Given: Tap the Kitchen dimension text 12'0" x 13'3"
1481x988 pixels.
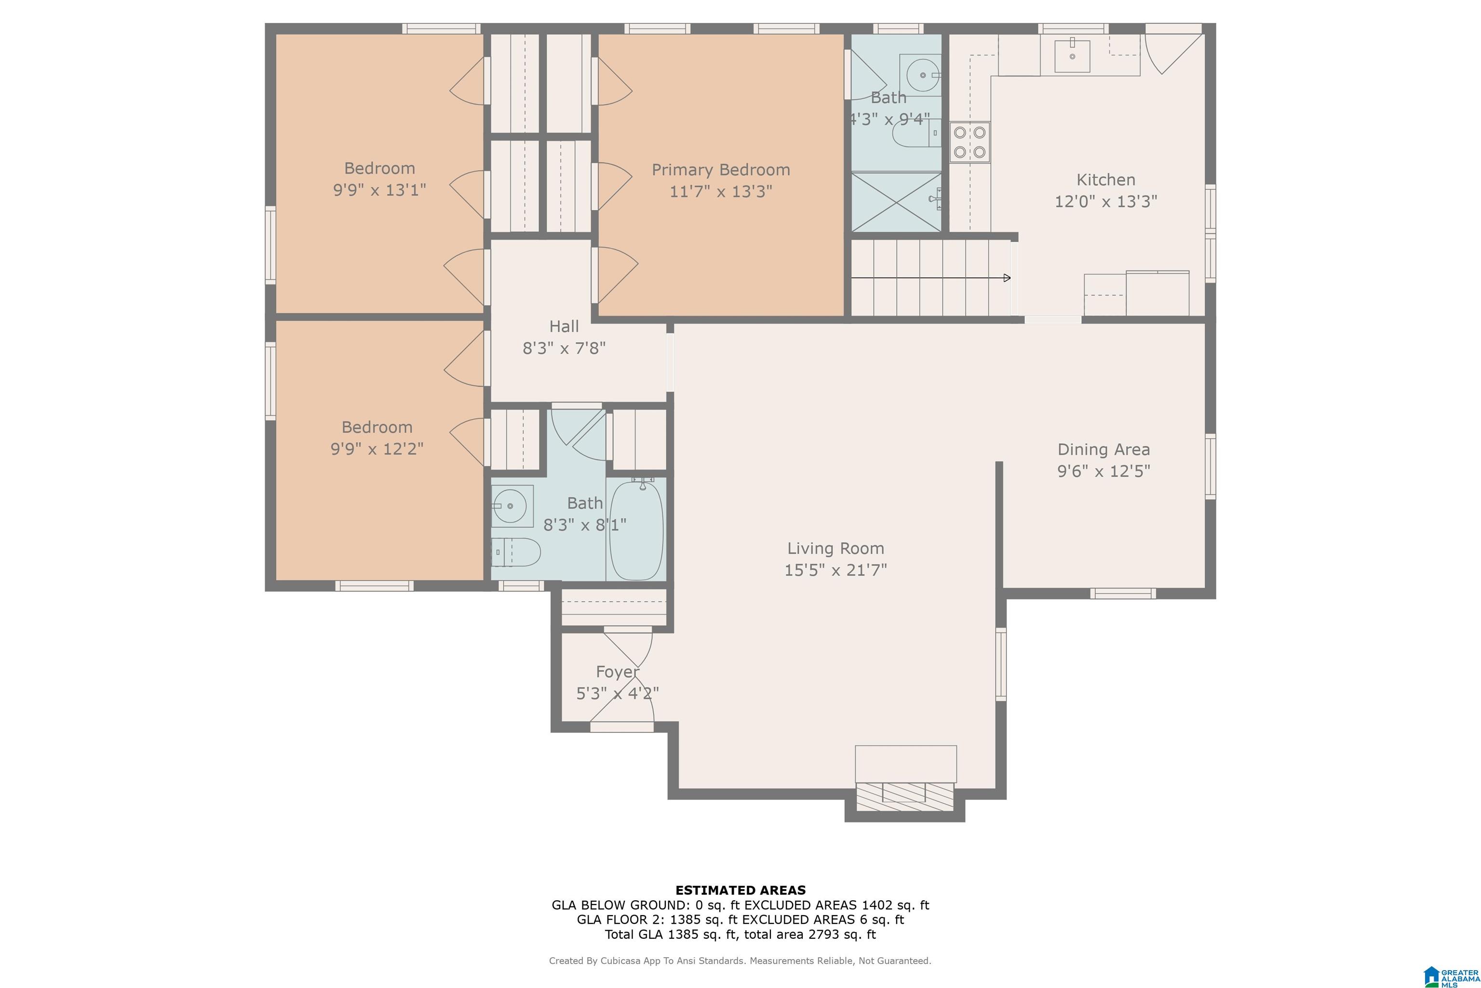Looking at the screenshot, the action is [1106, 202].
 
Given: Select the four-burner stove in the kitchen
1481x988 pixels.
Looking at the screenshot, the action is [969, 142].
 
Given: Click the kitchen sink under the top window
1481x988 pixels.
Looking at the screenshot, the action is [1072, 55].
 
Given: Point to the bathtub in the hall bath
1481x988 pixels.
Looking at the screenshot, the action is [636, 529].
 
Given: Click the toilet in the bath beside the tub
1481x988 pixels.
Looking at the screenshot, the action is [516, 552].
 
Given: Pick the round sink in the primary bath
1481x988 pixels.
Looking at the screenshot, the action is [923, 75].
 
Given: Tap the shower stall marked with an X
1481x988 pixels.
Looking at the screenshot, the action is [897, 202].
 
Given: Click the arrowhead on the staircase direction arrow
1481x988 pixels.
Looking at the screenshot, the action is [1007, 278].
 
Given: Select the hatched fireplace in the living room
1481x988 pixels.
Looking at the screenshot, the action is [905, 796].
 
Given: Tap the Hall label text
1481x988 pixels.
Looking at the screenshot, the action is [564, 327].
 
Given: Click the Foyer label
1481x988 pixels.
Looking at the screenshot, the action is [617, 672].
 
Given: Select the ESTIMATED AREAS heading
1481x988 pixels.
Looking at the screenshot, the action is [740, 891].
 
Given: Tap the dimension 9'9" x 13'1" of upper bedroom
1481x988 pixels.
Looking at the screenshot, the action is [380, 190].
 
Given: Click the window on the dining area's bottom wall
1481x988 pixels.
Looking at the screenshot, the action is [1123, 593].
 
